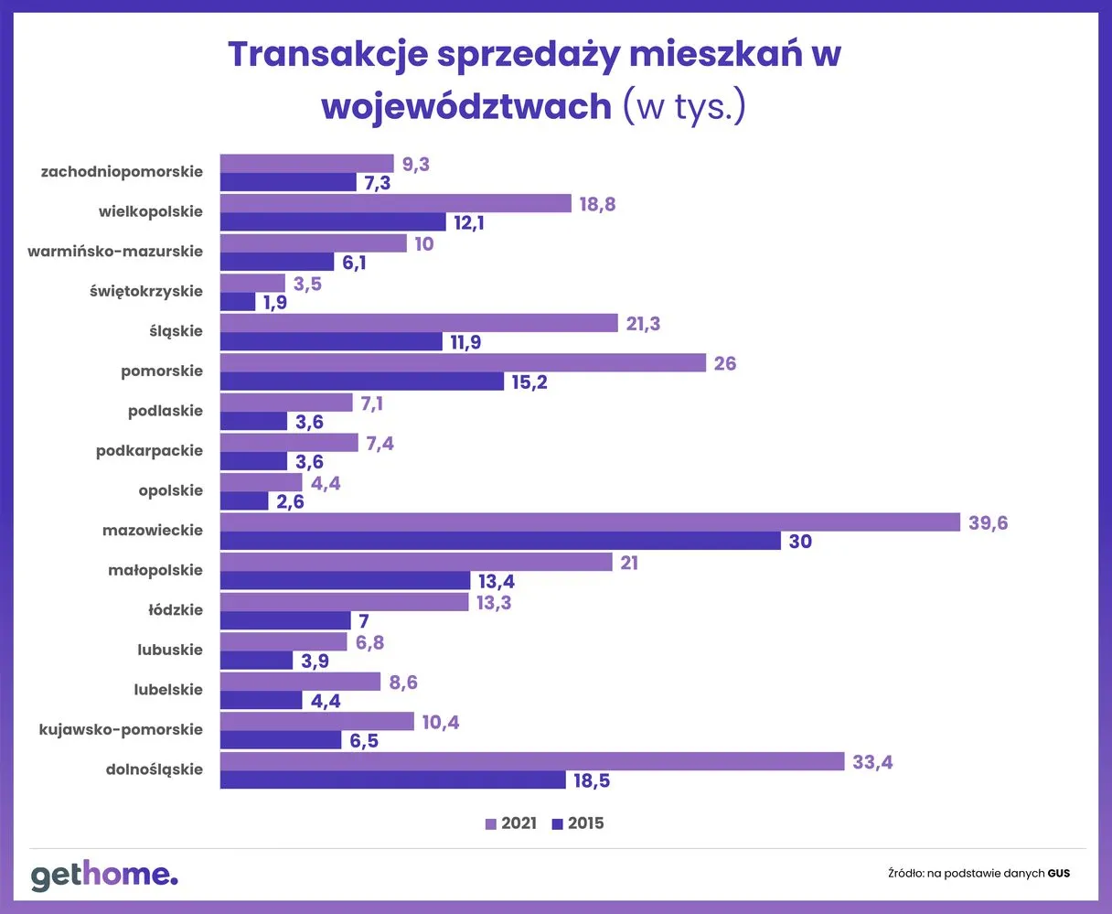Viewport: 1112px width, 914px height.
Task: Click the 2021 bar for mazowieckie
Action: point(590,522)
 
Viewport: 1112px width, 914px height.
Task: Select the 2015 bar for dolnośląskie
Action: point(393,780)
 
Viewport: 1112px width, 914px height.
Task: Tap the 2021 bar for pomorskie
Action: point(463,363)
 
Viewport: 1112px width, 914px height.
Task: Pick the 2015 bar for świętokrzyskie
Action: point(238,302)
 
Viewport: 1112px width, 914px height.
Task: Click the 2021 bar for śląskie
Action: point(419,323)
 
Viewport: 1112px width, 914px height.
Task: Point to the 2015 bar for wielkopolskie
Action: point(333,222)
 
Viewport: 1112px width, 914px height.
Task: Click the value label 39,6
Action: point(988,523)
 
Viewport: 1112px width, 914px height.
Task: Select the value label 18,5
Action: point(592,781)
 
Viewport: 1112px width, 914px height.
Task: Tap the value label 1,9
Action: point(275,303)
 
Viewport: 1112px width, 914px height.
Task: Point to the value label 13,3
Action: point(494,603)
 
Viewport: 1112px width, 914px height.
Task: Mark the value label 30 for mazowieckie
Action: point(800,542)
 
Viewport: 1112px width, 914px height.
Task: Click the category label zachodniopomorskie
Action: point(122,172)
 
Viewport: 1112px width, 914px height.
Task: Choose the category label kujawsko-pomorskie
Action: point(121,730)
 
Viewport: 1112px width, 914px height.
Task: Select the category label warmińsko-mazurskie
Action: point(115,252)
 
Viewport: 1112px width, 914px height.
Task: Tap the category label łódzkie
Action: point(176,610)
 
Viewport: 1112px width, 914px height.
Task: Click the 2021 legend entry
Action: point(510,823)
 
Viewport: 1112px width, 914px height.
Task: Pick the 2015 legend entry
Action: point(578,823)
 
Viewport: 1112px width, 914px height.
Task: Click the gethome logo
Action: point(104,875)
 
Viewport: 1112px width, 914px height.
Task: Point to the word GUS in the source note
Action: point(1058,874)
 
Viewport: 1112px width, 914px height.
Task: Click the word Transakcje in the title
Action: point(327,55)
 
